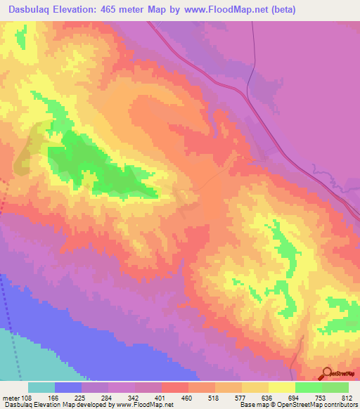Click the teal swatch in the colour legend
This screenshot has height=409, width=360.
41,387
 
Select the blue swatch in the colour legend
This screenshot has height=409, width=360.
68,387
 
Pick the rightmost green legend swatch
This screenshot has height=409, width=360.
335,387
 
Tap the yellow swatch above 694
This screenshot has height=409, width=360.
282,387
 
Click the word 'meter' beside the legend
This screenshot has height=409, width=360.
10,397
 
